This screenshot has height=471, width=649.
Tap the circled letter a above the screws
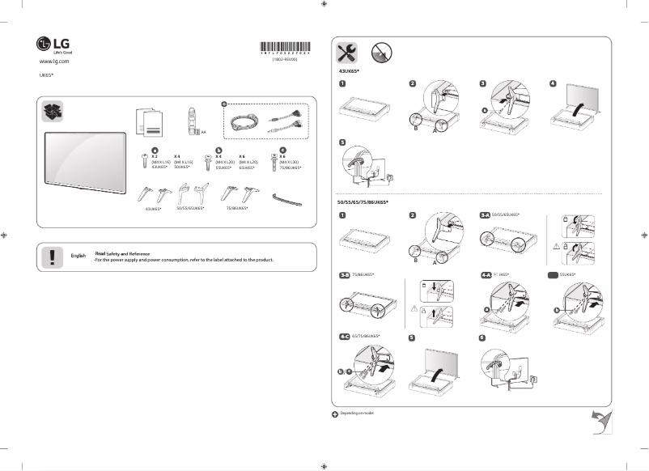(155, 150)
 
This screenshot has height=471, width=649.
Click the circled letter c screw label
(282, 150)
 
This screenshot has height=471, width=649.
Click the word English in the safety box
(78, 255)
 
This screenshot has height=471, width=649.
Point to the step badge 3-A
(486, 215)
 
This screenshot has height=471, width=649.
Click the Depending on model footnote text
(358, 412)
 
